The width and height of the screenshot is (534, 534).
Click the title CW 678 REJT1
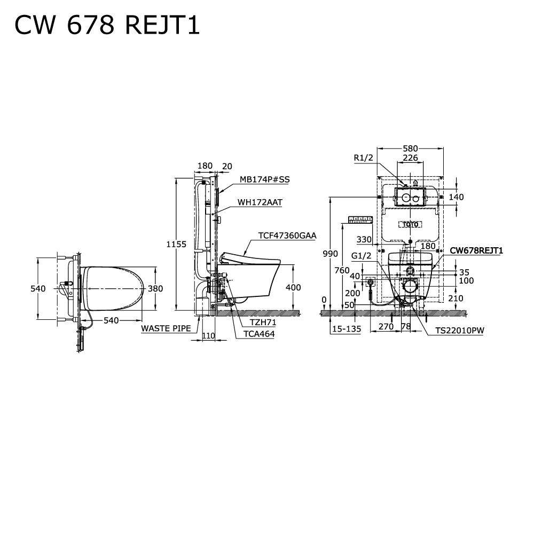point(107,25)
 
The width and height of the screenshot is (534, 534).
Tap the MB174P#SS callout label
point(264,180)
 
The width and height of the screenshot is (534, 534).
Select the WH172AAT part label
point(260,203)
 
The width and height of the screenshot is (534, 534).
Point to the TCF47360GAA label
point(287,235)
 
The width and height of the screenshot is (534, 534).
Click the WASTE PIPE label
point(166,328)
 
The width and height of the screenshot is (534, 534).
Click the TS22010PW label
point(459,331)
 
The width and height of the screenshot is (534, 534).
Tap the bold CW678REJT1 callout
point(476,250)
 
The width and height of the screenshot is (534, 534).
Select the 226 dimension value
point(410,158)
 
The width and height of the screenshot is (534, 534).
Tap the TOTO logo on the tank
point(410,224)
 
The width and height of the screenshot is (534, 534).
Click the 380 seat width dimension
point(155,288)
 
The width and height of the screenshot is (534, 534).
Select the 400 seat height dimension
point(293,287)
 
